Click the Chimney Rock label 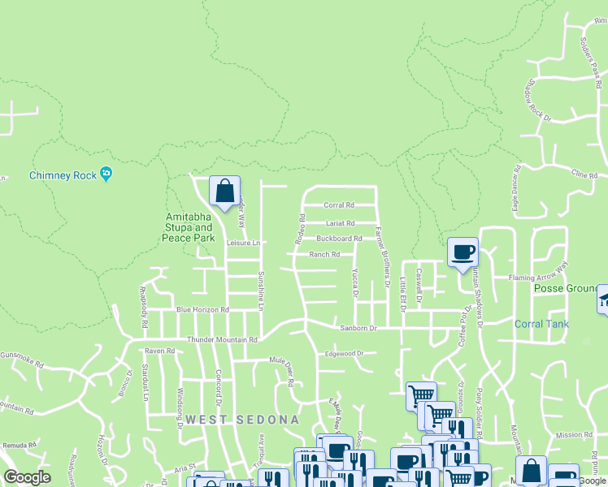[x=63, y=175]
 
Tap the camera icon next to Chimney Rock [x=106, y=175]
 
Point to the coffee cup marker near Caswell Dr [x=463, y=252]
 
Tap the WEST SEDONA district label [x=242, y=420]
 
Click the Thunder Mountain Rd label [x=222, y=340]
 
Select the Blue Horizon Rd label [x=203, y=310]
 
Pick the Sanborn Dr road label [x=358, y=329]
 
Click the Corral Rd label [x=339, y=205]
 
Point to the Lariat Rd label [x=340, y=223]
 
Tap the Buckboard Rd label [x=339, y=239]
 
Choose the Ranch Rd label [x=324, y=255]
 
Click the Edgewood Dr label [x=343, y=354]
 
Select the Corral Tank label [x=541, y=325]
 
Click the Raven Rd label [x=159, y=351]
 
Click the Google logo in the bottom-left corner [x=27, y=478]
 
